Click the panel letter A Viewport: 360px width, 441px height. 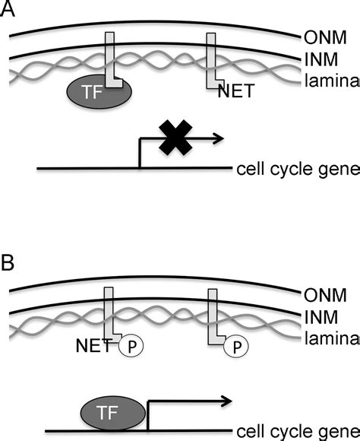click(10, 11)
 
